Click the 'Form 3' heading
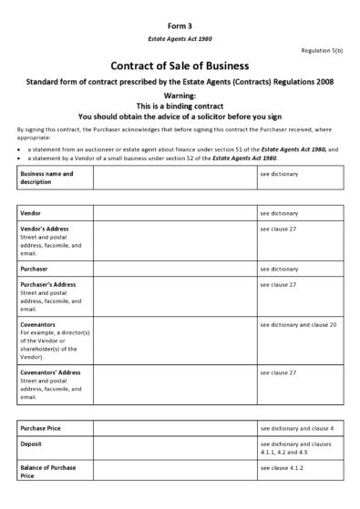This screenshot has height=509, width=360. (180, 27)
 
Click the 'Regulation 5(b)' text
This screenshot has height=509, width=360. (323, 51)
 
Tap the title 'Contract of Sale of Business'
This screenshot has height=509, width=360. (180, 66)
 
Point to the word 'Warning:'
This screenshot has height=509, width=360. (180, 95)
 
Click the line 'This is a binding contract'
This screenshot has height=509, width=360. (180, 106)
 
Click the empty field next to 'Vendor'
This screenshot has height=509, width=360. (174, 213)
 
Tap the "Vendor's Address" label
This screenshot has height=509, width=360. (45, 229)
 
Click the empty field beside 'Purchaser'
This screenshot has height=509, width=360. (174, 270)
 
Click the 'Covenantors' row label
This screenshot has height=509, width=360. (38, 324)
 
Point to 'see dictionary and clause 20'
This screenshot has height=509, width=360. (298, 324)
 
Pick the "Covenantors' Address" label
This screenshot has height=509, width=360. (50, 372)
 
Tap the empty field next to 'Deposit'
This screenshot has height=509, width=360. (174, 448)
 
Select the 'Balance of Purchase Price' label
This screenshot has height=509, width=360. (48, 472)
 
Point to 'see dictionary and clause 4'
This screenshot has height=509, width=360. (296, 428)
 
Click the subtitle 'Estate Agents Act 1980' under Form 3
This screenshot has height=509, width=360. (180, 40)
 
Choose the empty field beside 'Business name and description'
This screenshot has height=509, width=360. (174, 177)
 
